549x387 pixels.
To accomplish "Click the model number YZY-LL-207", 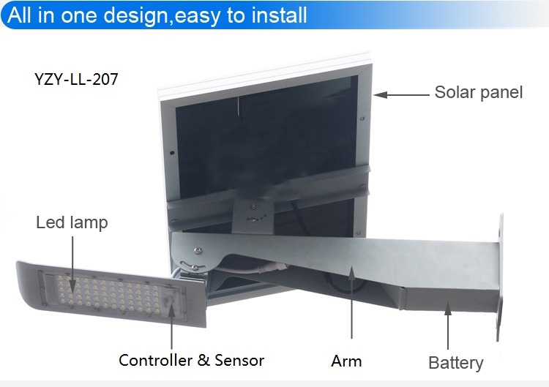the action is point(76,79).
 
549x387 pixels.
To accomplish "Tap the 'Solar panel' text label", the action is point(478,92).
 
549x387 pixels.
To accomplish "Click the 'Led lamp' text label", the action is point(72,222).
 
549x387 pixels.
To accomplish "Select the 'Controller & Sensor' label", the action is point(191,361).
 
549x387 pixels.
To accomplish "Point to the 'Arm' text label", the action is point(346,361).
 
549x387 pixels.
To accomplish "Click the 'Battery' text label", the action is point(455,363).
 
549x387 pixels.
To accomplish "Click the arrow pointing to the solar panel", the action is point(401,94).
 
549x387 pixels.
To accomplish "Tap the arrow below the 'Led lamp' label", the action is point(72,264).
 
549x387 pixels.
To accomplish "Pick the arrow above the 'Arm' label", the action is point(351,302).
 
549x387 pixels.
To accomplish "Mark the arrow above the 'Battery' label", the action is point(448,326).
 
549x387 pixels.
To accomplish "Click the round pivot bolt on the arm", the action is point(198,250).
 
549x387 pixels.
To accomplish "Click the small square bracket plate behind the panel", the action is point(253,216).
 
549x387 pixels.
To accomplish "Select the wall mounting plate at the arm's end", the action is point(500,277).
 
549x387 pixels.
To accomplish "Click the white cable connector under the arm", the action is point(270,268).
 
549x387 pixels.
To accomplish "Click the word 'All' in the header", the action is point(19,15).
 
